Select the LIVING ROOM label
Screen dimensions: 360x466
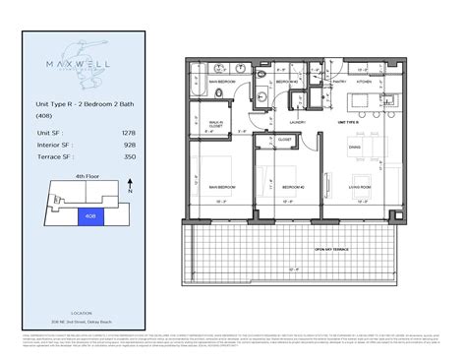click(357, 186)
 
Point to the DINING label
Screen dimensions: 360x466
click(357, 149)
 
